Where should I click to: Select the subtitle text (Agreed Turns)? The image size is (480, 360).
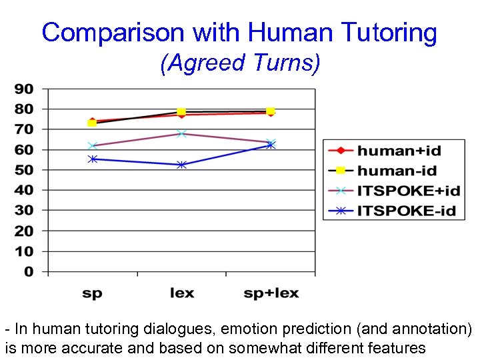(x=240, y=63)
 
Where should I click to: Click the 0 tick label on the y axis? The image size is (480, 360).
(x=29, y=272)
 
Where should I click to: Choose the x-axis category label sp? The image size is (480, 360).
(x=93, y=293)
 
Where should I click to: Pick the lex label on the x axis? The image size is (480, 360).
(x=181, y=293)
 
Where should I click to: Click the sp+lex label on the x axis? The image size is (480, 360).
(x=271, y=293)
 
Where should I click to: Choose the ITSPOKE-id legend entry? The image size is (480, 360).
(x=406, y=211)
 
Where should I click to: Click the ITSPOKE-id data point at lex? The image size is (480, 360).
(x=181, y=165)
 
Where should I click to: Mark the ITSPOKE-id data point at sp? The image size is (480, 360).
(x=93, y=159)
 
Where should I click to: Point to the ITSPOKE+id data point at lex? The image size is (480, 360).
(x=181, y=133)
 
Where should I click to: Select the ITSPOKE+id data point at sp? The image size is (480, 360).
(x=93, y=145)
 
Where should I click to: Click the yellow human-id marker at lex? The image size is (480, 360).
(x=181, y=111)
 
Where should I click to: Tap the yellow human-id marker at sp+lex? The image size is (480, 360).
(x=271, y=111)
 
